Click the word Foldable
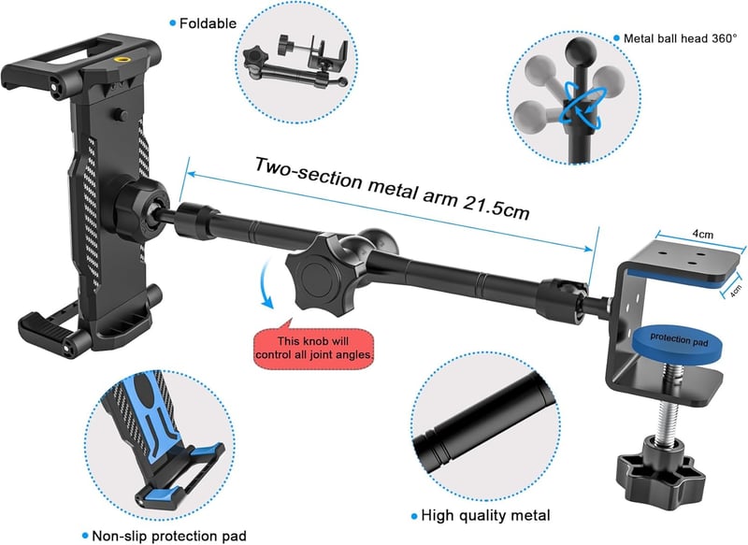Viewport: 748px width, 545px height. [x=208, y=23]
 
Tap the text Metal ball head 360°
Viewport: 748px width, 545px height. [x=681, y=38]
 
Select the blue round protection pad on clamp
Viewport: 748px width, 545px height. [x=677, y=341]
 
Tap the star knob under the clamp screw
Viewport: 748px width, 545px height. [x=660, y=469]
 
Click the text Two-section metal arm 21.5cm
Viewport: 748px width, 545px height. [x=392, y=188]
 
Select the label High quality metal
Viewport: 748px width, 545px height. [x=485, y=515]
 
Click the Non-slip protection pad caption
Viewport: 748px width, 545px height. [x=169, y=536]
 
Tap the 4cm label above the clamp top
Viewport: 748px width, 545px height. [x=703, y=234]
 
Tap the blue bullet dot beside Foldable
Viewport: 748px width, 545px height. [x=173, y=22]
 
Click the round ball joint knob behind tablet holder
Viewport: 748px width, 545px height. [x=142, y=209]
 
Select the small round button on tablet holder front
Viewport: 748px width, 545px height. [x=122, y=115]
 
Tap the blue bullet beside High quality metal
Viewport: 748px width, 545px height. [x=414, y=516]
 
